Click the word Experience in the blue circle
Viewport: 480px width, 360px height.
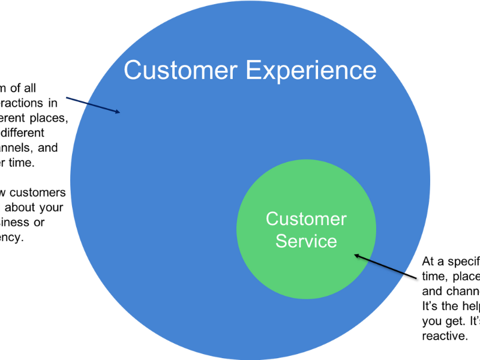[311, 71]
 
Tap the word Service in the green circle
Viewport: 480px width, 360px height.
[306, 241]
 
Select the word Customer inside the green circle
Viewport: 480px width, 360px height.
[306, 219]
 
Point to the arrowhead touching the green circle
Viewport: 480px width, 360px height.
[357, 256]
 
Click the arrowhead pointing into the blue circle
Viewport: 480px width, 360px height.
[118, 111]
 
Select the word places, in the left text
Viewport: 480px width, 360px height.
[46, 118]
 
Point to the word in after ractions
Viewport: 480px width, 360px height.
[52, 103]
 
